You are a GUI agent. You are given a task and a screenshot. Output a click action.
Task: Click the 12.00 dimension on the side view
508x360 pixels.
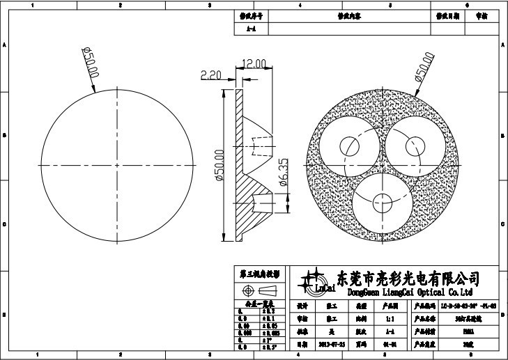(254, 63)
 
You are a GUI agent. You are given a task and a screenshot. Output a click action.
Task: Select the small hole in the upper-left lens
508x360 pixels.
(349, 146)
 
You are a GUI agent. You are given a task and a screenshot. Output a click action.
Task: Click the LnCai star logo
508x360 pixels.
(313, 280)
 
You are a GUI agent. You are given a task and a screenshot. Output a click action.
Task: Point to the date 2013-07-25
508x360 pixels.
(330, 343)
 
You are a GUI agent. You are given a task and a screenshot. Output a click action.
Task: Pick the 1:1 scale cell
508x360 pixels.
(387, 318)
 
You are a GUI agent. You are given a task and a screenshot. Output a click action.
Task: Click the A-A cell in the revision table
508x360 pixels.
(250, 29)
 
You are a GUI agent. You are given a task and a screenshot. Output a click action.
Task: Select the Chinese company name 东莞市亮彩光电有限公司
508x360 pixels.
(408, 279)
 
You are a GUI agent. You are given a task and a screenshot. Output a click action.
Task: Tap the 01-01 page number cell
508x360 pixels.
(387, 343)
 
